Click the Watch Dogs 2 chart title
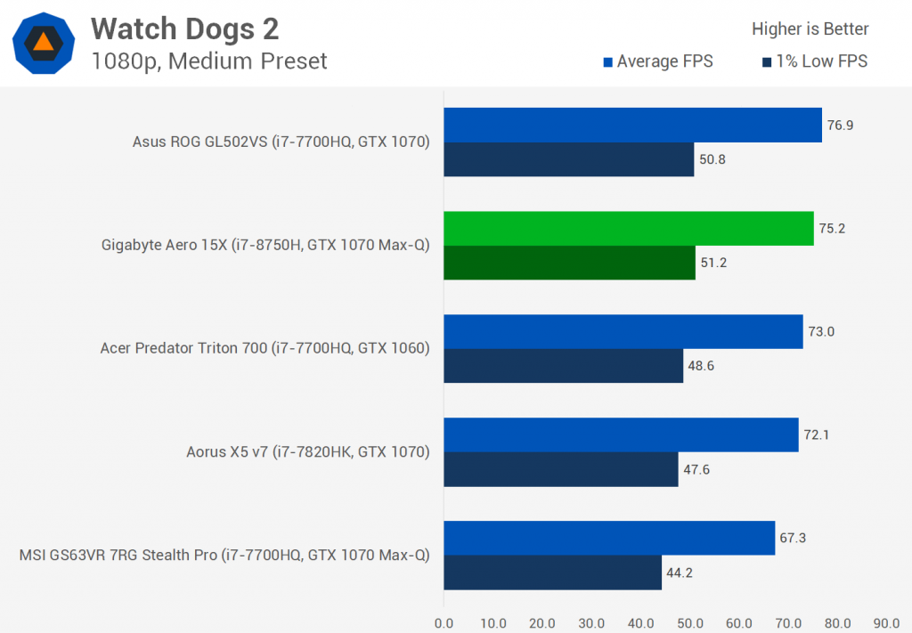[184, 29]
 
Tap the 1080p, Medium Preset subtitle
[208, 61]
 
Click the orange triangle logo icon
[43, 42]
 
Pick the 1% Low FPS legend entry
[814, 61]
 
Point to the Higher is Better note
[810, 29]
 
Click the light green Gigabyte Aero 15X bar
[628, 228]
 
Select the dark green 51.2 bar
[569, 263]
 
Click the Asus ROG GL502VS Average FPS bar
[632, 125]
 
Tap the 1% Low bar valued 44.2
[552, 572]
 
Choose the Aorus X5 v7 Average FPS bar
[621, 434]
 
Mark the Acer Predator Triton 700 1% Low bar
[563, 366]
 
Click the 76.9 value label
[840, 125]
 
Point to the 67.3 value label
[793, 538]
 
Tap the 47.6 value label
[696, 469]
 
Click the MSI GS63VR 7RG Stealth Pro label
[224, 555]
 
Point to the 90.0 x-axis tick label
[886, 622]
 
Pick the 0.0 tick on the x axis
[444, 622]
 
